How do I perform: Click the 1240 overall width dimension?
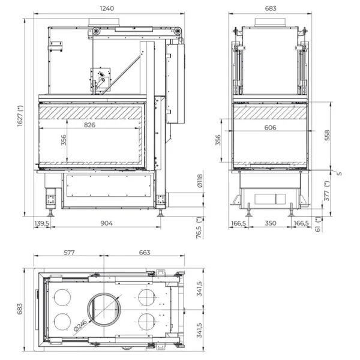[x=107, y=9]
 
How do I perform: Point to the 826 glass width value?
[x=89, y=125]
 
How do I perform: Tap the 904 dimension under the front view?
[x=106, y=223]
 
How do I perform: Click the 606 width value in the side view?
[x=270, y=127]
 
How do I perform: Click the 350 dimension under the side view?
[x=271, y=223]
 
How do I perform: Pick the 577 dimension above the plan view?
[x=69, y=253]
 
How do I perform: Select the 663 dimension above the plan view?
[x=144, y=253]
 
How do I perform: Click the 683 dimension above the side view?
[x=270, y=9]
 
